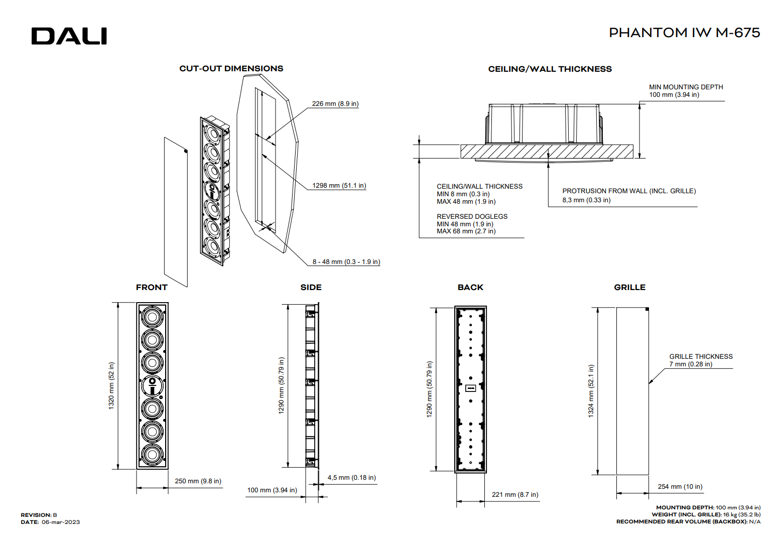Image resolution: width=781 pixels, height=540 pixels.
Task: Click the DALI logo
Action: [x=69, y=36]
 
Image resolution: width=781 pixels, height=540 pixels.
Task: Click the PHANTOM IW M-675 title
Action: [x=684, y=33]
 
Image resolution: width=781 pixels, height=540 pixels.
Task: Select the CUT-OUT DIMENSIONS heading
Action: [x=231, y=69]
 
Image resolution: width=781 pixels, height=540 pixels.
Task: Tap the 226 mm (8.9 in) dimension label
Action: [x=335, y=104]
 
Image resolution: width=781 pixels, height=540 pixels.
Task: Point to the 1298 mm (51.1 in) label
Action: [x=339, y=186]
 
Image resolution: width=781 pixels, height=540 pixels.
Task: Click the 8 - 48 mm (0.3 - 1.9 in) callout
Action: [x=346, y=262]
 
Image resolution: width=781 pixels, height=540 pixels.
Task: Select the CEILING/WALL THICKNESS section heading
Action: [x=550, y=69]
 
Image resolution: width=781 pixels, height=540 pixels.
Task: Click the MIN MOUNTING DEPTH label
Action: [x=686, y=87]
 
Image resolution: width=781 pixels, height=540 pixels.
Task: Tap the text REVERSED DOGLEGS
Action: [x=472, y=217]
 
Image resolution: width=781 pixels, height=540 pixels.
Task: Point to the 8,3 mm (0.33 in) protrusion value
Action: [x=586, y=200]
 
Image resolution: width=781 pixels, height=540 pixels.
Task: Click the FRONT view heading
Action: [x=152, y=288]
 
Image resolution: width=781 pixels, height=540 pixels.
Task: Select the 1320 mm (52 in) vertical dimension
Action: [x=111, y=386]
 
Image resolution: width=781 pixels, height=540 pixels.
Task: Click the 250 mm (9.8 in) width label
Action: [x=198, y=481]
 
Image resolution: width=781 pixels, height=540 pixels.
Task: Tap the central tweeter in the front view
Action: [x=152, y=386]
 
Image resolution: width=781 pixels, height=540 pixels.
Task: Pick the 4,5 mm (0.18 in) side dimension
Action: [x=351, y=478]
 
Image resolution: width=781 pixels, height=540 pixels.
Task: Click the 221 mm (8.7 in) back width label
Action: [x=515, y=495]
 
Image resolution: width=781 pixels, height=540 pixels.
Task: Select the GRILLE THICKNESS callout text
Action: [x=701, y=357]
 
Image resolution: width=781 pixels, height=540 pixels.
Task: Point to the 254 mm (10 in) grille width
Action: [x=680, y=487]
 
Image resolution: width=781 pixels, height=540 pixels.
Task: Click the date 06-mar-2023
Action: [x=61, y=522]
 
